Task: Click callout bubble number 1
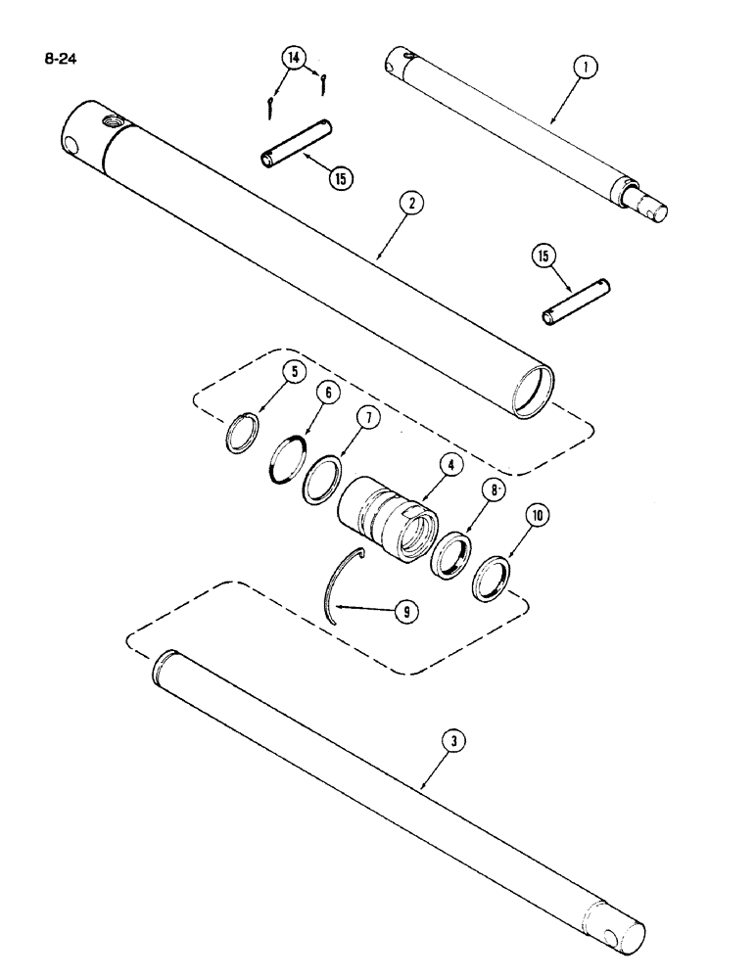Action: coord(585,68)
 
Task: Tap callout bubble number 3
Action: coord(450,743)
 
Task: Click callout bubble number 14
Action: coord(292,58)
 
